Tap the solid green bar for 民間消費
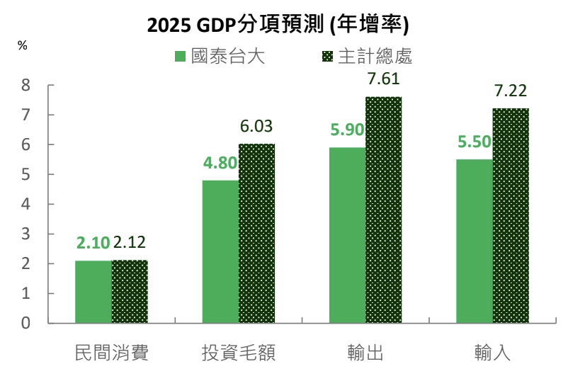pyautogui.click(x=93, y=292)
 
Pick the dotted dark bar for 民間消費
pyautogui.click(x=130, y=292)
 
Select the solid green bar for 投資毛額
pyautogui.click(x=220, y=251)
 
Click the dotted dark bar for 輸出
pyautogui.click(x=383, y=210)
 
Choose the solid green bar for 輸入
pyautogui.click(x=474, y=241)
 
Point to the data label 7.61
pyautogui.click(x=383, y=79)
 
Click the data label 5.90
pyautogui.click(x=347, y=130)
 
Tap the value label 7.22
pyautogui.click(x=511, y=91)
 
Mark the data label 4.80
pyautogui.click(x=220, y=163)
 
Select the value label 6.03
pyautogui.click(x=256, y=127)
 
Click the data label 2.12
pyautogui.click(x=130, y=243)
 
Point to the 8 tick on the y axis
pyautogui.click(x=25, y=85)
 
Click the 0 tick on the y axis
pyautogui.click(x=25, y=323)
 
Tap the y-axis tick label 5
pyautogui.click(x=25, y=174)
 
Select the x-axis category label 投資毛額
pyautogui.click(x=238, y=352)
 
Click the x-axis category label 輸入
pyautogui.click(x=492, y=352)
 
